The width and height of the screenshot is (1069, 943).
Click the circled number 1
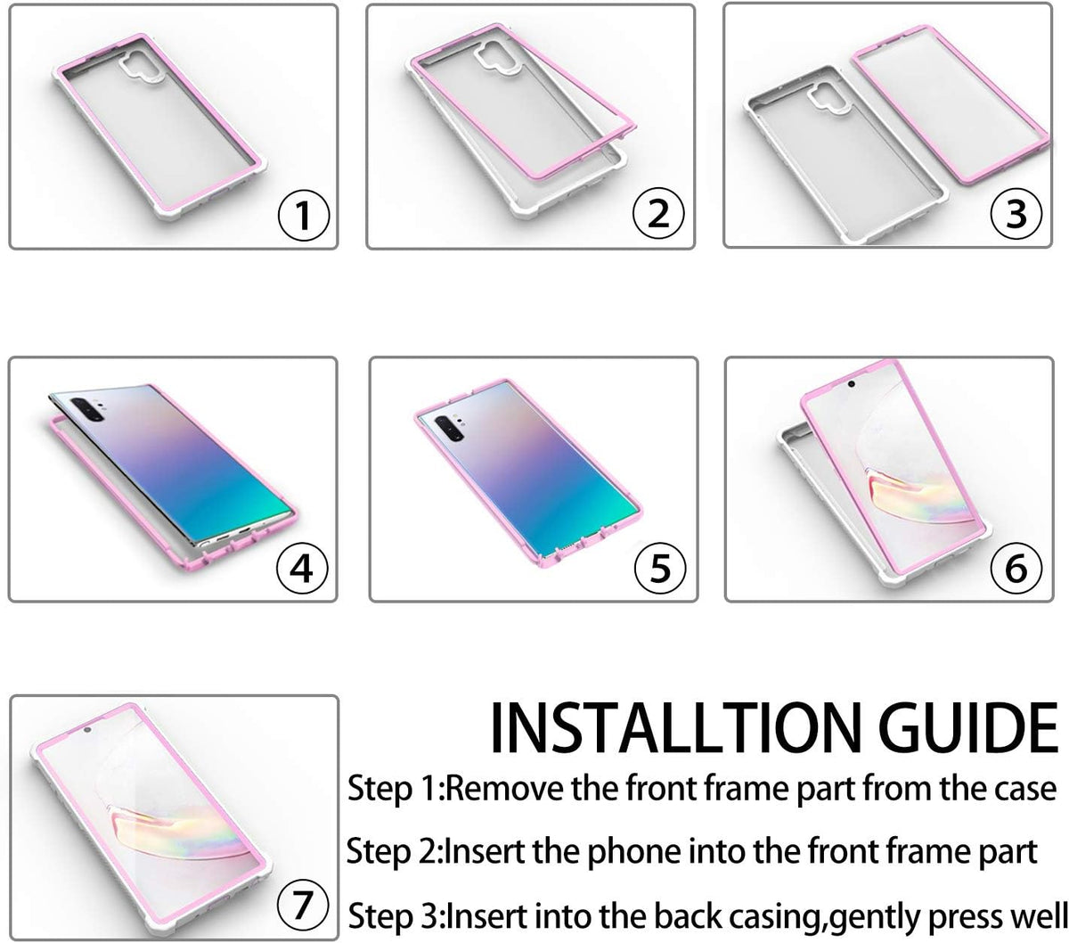tap(304, 215)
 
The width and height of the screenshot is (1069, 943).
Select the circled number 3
tap(1016, 213)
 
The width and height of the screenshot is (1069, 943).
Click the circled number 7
tap(303, 905)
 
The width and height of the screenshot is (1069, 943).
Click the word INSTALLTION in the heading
tap(676, 728)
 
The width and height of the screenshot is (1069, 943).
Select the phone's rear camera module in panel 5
tap(449, 427)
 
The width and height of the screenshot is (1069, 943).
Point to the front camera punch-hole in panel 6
tap(851, 384)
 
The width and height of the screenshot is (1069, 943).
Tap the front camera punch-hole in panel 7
tap(87, 730)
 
